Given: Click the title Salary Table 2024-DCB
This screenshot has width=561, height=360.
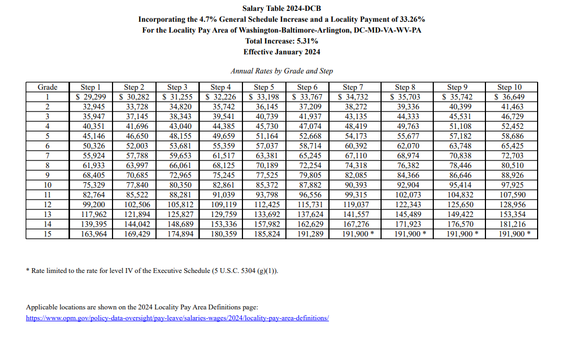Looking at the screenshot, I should tap(282, 8).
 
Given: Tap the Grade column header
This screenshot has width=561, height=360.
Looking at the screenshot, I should tap(47, 87).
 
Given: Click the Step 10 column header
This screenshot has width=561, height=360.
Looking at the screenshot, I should tap(509, 87).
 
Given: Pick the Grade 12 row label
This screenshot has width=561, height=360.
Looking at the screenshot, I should tap(47, 204).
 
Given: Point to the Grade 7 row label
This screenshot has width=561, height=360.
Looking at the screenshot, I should tap(47, 156).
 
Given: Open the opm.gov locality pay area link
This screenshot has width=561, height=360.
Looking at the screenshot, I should tap(177, 318).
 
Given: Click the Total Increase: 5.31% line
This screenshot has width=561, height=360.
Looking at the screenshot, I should tap(282, 41).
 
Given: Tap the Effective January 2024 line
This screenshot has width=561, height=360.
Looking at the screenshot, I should tap(282, 52).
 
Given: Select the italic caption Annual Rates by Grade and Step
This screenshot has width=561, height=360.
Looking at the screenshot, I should tap(282, 71).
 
